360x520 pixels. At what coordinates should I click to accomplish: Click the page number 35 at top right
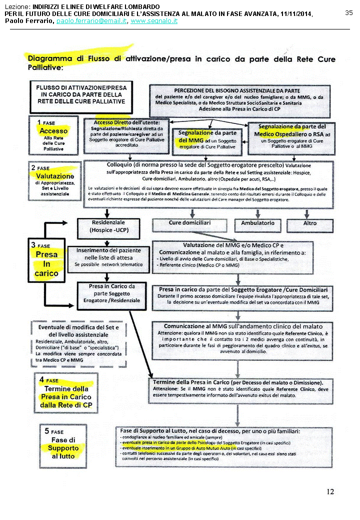click(x=349, y=12)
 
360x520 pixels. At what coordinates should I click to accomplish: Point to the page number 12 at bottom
click(x=330, y=491)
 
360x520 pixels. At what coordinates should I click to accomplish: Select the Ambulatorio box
click(x=258, y=223)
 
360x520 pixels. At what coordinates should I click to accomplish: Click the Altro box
click(x=310, y=223)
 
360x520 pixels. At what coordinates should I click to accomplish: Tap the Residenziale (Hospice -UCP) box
click(x=108, y=226)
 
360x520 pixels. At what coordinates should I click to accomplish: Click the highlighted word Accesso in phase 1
click(x=54, y=131)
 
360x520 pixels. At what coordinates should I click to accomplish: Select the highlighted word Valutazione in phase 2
click(x=55, y=176)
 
